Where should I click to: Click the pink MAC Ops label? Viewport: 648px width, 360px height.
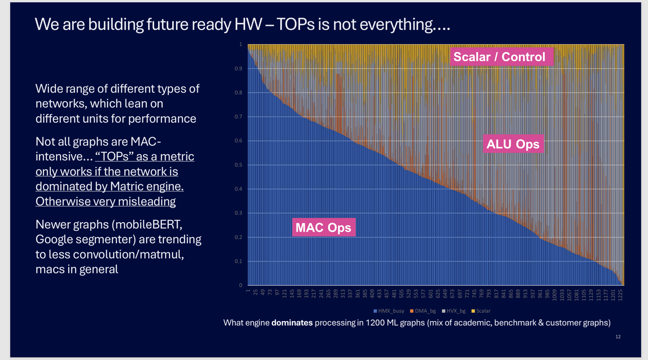[x=323, y=227]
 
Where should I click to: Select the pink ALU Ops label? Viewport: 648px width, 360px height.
[x=513, y=144]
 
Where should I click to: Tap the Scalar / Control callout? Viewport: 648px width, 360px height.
[x=499, y=57]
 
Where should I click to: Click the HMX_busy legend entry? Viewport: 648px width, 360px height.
[x=389, y=311]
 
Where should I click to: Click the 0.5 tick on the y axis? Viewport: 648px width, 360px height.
[x=238, y=165]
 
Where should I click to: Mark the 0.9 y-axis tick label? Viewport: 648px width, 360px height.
[x=238, y=68]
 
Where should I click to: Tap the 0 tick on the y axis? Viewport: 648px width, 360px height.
[x=241, y=285]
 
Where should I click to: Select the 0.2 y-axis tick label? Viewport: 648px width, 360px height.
[x=238, y=237]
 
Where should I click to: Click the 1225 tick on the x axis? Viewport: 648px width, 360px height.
[x=620, y=294]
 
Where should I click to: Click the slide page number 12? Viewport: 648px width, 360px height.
[x=618, y=337]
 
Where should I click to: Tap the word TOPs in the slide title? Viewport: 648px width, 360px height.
[x=296, y=25]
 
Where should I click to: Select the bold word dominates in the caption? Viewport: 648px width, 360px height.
[x=292, y=323]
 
